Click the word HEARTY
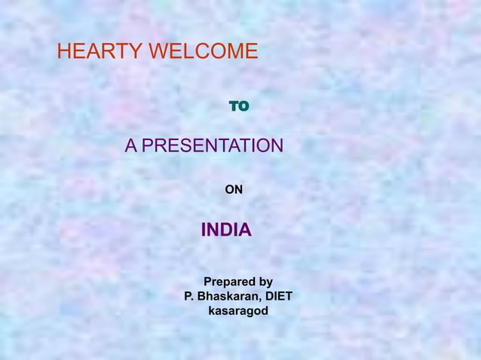point(101,52)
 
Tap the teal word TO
point(239,107)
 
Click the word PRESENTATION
point(213,145)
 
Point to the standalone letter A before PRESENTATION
point(131,145)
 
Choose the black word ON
point(234,190)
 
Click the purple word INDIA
point(226,230)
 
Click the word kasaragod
point(237,310)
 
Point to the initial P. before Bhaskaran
point(188,296)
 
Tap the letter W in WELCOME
point(158,52)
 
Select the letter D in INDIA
point(225,230)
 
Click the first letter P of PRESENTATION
point(148,145)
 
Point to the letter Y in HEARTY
point(136,52)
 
